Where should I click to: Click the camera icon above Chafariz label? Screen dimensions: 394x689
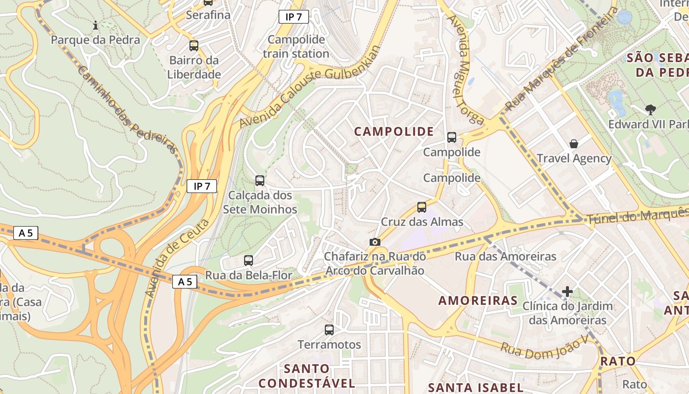[x=375, y=242]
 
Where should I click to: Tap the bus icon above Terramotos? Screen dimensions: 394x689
[x=329, y=330]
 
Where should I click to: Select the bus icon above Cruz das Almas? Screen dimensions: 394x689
[x=422, y=207]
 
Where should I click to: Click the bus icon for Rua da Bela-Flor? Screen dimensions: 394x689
[x=249, y=261]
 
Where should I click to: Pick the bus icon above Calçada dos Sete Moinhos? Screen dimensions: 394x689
[x=260, y=181]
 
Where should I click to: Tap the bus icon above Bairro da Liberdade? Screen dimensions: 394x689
[x=194, y=46]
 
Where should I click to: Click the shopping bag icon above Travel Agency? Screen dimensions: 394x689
[x=573, y=144]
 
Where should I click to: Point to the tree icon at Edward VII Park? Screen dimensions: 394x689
[x=650, y=109]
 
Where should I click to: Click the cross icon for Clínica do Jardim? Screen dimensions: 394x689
[x=567, y=292]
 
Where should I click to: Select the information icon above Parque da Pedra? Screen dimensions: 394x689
[x=95, y=25]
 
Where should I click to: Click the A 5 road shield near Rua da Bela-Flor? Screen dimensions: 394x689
[x=185, y=282]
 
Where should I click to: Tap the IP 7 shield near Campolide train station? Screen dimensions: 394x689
[x=294, y=17]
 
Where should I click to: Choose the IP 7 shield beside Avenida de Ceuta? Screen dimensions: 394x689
[x=202, y=186]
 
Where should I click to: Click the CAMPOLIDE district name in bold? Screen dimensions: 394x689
[x=394, y=131]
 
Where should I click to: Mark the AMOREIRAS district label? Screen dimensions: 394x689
[x=477, y=300]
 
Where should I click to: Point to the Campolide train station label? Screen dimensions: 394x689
[x=296, y=46]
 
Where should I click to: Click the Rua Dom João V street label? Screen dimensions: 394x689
[x=544, y=351]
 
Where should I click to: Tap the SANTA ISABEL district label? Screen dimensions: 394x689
[x=475, y=387]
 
